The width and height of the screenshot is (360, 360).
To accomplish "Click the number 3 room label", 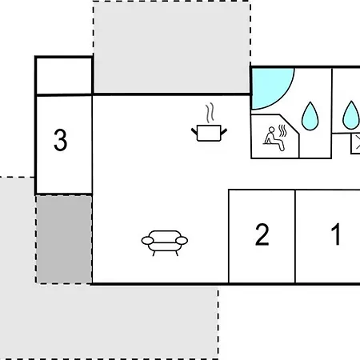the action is coord(61,140).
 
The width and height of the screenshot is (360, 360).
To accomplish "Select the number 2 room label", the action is coord(262,234).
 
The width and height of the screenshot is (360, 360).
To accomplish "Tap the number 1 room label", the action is coord(336,234).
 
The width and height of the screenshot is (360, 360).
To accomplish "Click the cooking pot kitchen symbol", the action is coord(209,133).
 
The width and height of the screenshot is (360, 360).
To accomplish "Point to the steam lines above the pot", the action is coord(210,113).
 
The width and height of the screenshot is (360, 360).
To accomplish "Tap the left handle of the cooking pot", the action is coord(194,131).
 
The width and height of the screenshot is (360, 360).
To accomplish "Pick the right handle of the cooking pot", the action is coord(224,131).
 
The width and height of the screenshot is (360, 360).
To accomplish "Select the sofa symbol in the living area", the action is coord(165,243).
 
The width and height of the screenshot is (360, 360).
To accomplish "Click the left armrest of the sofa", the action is coord(147,241).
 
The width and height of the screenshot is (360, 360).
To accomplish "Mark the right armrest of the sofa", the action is coord(182,241).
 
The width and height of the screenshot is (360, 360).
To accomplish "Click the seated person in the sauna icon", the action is coord(274,138).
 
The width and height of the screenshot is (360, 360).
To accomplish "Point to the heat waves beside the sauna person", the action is coord(282,130).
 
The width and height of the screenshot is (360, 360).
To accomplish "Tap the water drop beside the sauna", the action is coord(310,116).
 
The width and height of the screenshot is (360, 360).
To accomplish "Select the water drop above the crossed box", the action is coord(351,115).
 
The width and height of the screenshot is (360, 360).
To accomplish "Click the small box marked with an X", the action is coord(355,144).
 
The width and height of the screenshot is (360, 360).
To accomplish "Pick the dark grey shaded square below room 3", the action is coord(64,239).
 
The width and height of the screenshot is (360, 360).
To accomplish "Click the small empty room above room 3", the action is coord(64,76).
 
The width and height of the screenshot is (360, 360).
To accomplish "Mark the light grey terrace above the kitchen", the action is coord(171,47).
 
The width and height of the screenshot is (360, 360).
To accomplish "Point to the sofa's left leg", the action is coord(154,254).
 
